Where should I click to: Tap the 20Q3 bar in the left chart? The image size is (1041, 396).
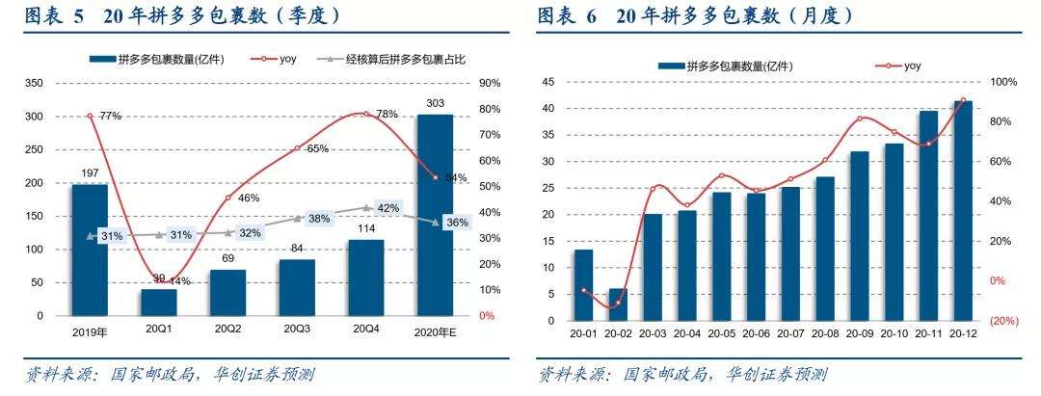(x=297, y=287)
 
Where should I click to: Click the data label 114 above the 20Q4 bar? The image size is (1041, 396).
(x=365, y=228)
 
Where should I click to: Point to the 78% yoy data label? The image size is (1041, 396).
(x=387, y=115)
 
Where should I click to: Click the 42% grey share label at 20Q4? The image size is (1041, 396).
(x=388, y=208)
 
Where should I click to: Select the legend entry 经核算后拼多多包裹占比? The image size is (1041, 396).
(x=402, y=60)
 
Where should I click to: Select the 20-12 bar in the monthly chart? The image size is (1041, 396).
(x=963, y=210)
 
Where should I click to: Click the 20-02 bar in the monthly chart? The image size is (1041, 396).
(x=617, y=304)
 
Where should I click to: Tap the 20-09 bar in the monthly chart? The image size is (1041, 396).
(x=858, y=235)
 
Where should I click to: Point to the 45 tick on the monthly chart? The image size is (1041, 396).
(x=549, y=83)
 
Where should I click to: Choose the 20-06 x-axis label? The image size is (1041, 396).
(x=757, y=333)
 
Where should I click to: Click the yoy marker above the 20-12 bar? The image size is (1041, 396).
(x=963, y=100)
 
